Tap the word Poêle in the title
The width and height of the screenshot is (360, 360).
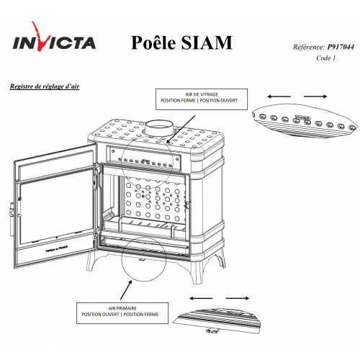tap(153, 42)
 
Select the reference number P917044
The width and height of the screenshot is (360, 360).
tap(341, 47)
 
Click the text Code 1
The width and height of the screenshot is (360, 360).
tap(325, 58)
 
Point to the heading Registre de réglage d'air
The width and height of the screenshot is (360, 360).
tap(45, 86)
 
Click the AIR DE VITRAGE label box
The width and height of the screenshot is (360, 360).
tap(202, 99)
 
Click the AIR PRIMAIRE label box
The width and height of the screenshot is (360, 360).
tap(122, 313)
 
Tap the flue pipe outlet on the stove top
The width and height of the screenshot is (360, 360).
tap(159, 128)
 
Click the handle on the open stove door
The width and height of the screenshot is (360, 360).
tap(12, 219)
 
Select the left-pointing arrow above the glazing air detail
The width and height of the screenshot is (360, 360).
tap(279, 96)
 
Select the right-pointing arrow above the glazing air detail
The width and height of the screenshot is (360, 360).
tap(315, 96)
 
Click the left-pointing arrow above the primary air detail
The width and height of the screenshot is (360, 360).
tap(201, 298)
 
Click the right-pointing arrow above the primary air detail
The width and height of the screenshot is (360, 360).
tap(238, 298)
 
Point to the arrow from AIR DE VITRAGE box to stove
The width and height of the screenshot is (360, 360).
tap(181, 129)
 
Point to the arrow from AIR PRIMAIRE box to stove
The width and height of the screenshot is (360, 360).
tap(126, 290)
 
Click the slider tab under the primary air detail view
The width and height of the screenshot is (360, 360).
tap(211, 331)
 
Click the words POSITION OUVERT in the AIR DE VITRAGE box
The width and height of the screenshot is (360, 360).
tap(219, 101)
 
